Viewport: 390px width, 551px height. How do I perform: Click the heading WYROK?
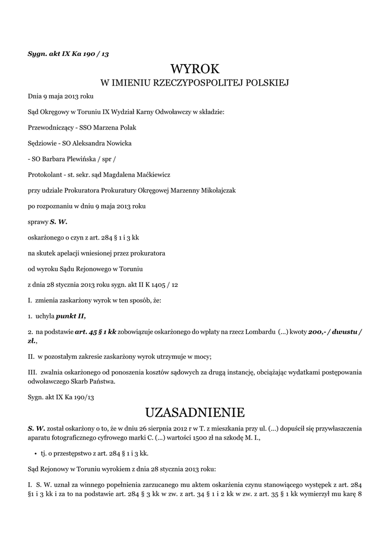pyautogui.click(x=195, y=69)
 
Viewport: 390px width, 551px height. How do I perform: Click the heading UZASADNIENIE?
pyautogui.click(x=195, y=413)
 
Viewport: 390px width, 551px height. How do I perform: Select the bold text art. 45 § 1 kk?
pyautogui.click(x=96, y=332)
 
